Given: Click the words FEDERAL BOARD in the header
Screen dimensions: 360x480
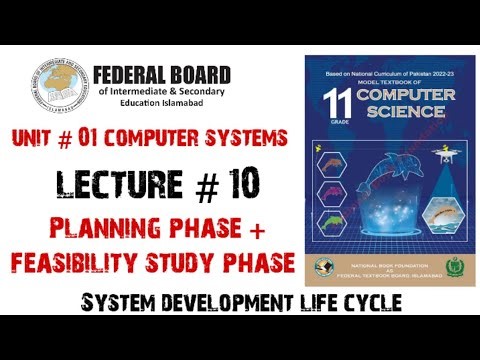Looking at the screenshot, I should click(x=162, y=75).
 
